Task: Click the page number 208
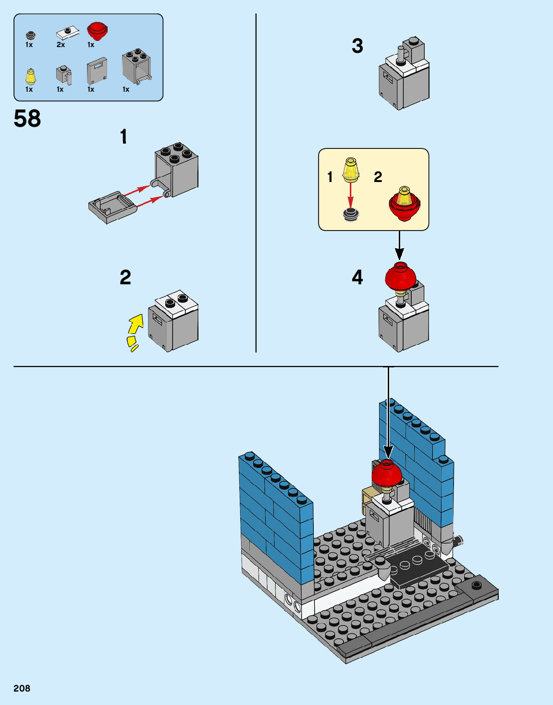point(22,688)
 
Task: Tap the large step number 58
point(27,119)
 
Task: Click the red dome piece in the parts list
point(97,31)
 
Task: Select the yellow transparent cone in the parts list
point(30,76)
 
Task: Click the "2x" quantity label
point(61,45)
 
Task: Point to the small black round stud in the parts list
point(30,35)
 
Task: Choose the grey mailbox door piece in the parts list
point(97,71)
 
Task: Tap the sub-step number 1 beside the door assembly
point(123,137)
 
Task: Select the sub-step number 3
point(357,46)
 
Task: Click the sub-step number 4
point(357,277)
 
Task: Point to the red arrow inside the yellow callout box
point(351,194)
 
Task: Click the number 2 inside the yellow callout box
point(378,177)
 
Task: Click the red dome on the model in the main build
point(386,474)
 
